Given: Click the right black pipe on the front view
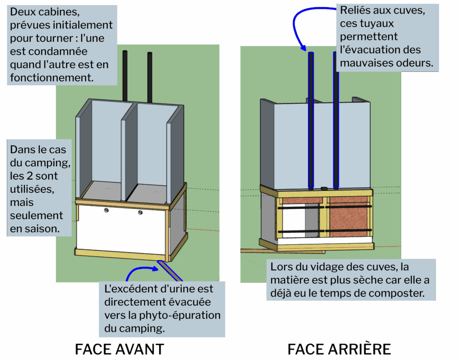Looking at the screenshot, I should (x=149, y=76).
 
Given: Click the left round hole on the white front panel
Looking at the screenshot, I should (x=107, y=210).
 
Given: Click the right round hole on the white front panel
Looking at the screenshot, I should (x=140, y=212).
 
